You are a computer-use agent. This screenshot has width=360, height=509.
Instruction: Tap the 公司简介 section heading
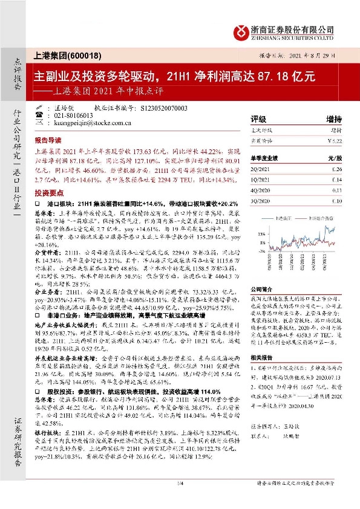264,289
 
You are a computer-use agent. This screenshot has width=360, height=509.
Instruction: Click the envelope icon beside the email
40,123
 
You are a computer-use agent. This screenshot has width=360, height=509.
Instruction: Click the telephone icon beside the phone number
40,115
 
